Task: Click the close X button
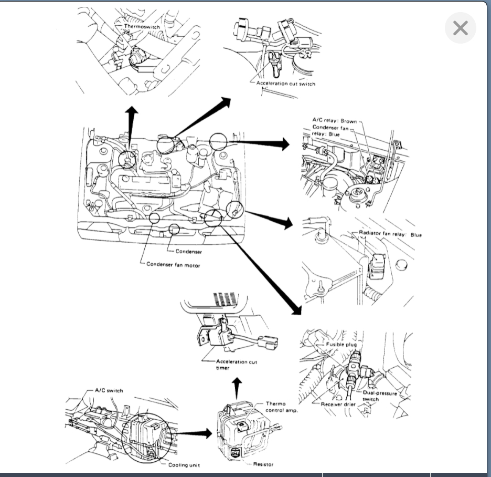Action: pos(460,28)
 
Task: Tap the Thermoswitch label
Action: pos(141,26)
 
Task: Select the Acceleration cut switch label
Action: pos(286,84)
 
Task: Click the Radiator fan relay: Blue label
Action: pos(390,235)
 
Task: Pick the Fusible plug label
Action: pos(341,345)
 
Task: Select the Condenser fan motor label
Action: pos(173,265)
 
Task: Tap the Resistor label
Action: pos(263,464)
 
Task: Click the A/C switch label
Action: pos(109,390)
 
